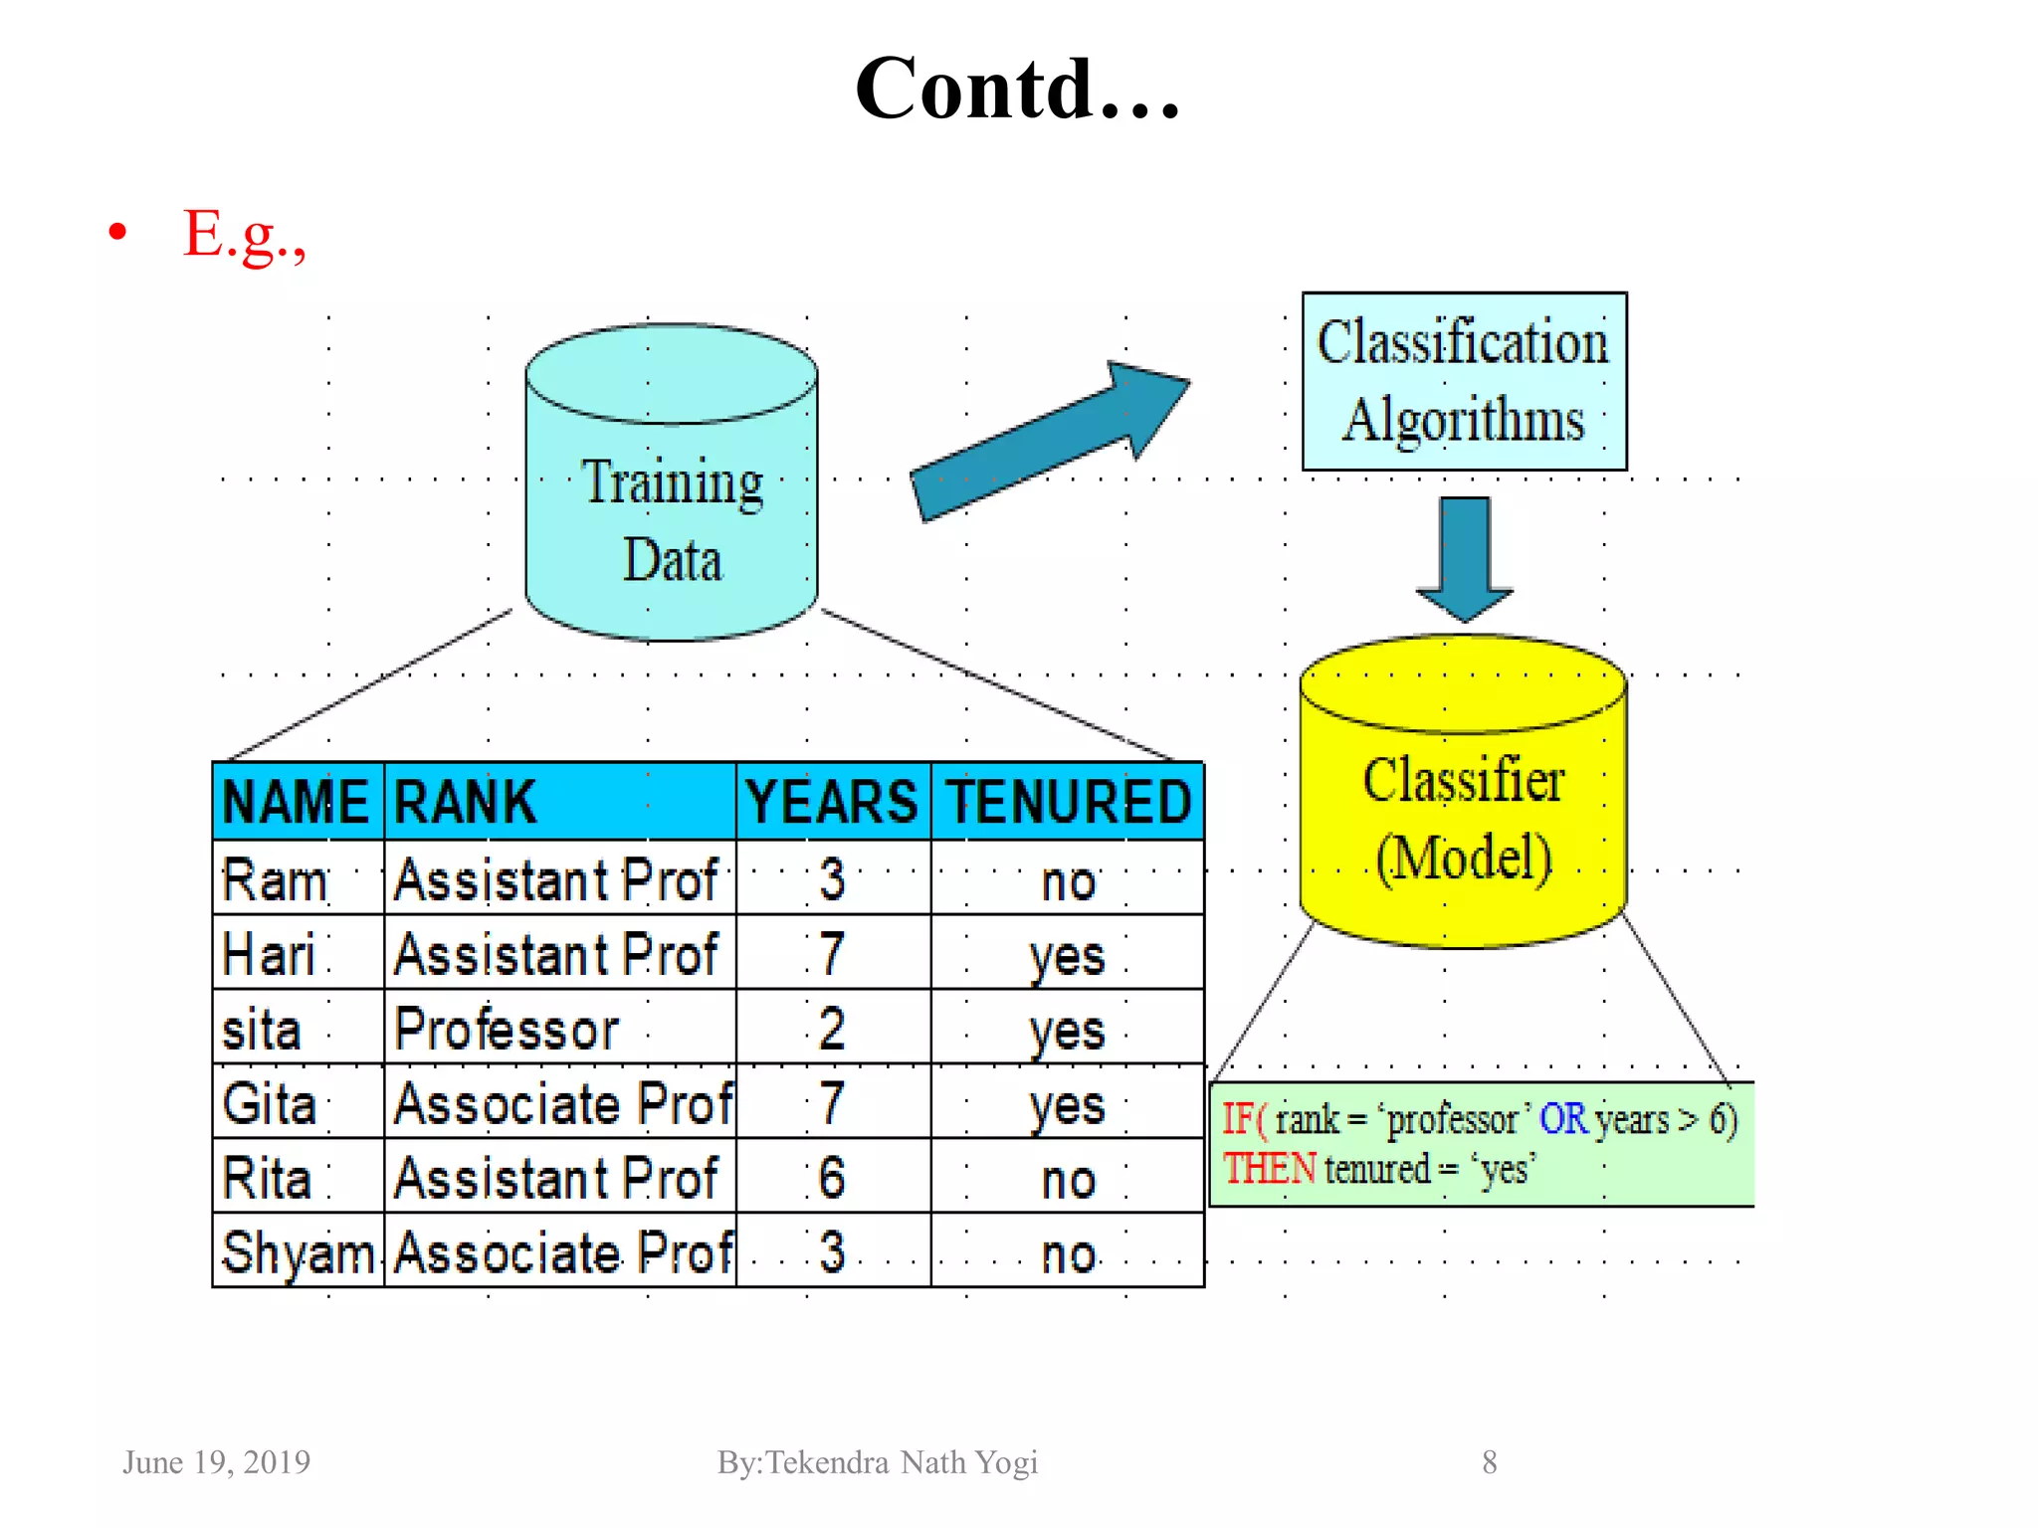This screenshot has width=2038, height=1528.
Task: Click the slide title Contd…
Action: [x=1017, y=90]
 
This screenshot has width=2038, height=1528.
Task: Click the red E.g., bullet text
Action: [x=244, y=235]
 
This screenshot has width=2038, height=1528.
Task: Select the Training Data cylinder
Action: [x=672, y=497]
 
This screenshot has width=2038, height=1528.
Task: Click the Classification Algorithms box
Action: [x=1463, y=381]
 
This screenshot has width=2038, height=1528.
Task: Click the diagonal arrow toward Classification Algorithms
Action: [x=1045, y=443]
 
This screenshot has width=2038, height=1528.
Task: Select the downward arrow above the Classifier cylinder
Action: [x=1464, y=557]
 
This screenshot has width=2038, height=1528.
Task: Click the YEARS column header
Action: [x=832, y=802]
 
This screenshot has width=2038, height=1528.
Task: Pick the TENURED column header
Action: [x=1068, y=802]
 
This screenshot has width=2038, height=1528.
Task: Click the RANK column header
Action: [x=466, y=802]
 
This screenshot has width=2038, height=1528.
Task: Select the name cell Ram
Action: [x=275, y=880]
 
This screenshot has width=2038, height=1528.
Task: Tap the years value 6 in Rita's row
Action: [x=832, y=1178]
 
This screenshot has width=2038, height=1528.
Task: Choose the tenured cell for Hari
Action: [x=1067, y=955]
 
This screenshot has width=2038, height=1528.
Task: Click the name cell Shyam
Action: [x=298, y=1252]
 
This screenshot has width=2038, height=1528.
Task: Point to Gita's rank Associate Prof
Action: [x=562, y=1103]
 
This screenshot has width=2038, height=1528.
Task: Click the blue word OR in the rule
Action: [x=1562, y=1120]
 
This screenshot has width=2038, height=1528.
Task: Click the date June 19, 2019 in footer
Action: [x=216, y=1462]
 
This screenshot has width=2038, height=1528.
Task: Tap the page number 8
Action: [x=1489, y=1462]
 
